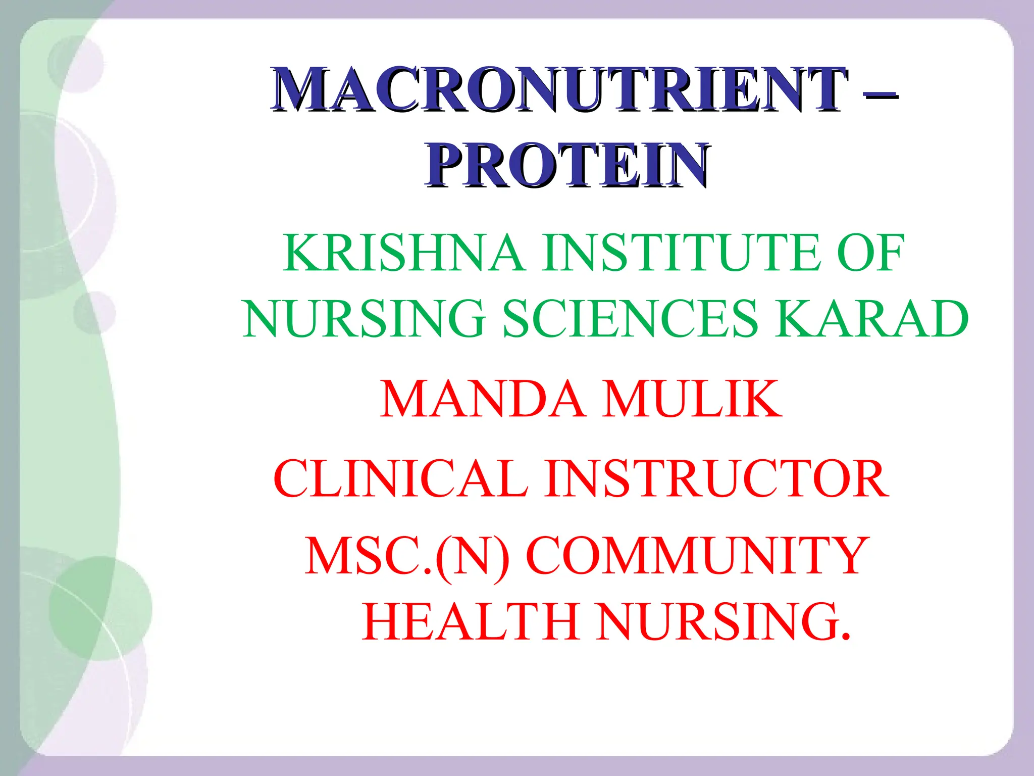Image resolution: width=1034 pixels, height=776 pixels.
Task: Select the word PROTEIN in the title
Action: click(567, 166)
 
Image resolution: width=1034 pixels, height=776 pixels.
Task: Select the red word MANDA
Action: click(482, 399)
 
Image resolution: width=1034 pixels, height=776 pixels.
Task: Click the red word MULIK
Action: click(692, 399)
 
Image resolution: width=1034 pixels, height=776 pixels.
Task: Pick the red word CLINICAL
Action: click(401, 478)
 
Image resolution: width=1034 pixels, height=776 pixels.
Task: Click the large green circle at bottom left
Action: click(101, 609)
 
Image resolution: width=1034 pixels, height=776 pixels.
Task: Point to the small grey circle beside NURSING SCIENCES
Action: click(95, 313)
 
